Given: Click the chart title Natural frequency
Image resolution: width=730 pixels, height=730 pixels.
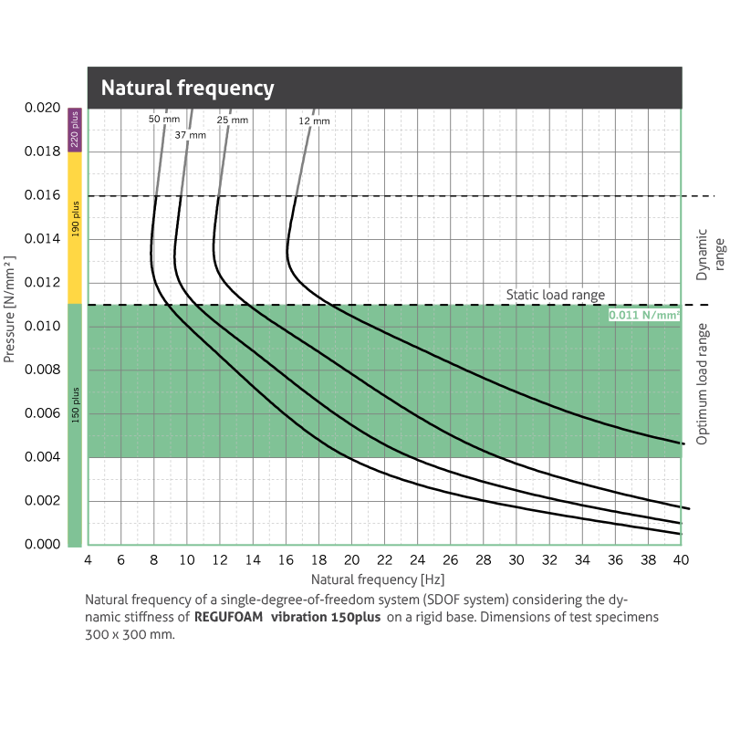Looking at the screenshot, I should point(187,89).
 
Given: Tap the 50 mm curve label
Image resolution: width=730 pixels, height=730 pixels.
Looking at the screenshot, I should point(165,120).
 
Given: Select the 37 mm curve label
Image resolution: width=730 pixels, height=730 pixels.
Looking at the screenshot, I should point(191,135).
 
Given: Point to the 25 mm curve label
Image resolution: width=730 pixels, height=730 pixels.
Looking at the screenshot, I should point(232,120).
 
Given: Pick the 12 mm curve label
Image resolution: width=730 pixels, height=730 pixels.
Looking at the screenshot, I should point(314,120).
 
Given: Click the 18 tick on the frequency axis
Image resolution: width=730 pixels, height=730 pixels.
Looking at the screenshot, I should point(318,560).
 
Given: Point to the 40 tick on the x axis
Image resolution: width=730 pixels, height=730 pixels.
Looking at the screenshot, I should point(681,560).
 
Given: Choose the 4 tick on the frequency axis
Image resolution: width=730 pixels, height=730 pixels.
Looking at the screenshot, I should point(88,560).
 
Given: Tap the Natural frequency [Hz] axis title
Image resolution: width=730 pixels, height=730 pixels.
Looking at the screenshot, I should point(377,579).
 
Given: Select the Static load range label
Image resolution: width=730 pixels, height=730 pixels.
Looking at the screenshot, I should point(556,295).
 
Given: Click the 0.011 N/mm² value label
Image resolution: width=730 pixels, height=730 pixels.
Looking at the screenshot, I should point(645,315).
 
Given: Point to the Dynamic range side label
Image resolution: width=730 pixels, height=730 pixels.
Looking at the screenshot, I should point(708,254).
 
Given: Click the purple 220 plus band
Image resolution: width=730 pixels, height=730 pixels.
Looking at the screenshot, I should point(75,130).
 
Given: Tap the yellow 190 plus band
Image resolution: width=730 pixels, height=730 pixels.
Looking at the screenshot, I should point(75,227).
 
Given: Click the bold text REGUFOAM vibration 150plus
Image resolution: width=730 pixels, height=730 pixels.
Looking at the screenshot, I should point(287,618).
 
